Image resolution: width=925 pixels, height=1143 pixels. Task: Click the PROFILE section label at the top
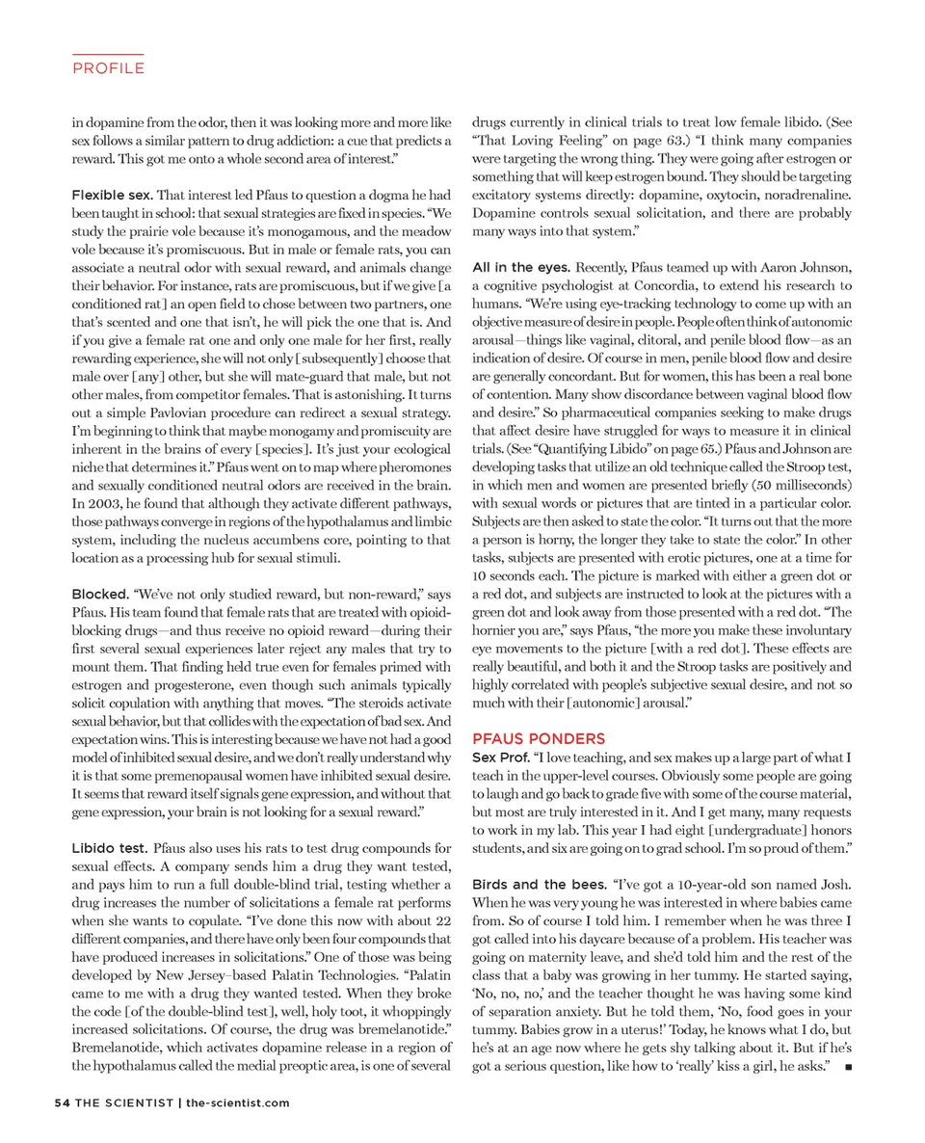[x=108, y=68]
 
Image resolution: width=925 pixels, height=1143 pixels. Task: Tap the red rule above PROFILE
[x=108, y=54]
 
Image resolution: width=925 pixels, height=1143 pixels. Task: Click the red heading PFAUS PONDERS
[x=539, y=738]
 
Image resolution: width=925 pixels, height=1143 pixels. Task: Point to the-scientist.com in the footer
[x=237, y=1102]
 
